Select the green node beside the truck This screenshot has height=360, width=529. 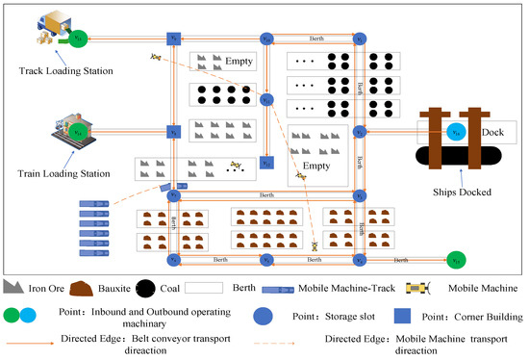(x=79, y=39)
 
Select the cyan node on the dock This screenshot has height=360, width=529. (x=458, y=132)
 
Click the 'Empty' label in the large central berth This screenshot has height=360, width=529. (x=318, y=164)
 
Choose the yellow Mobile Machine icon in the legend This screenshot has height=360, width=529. (x=421, y=287)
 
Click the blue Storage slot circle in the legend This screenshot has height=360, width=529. (x=262, y=314)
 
